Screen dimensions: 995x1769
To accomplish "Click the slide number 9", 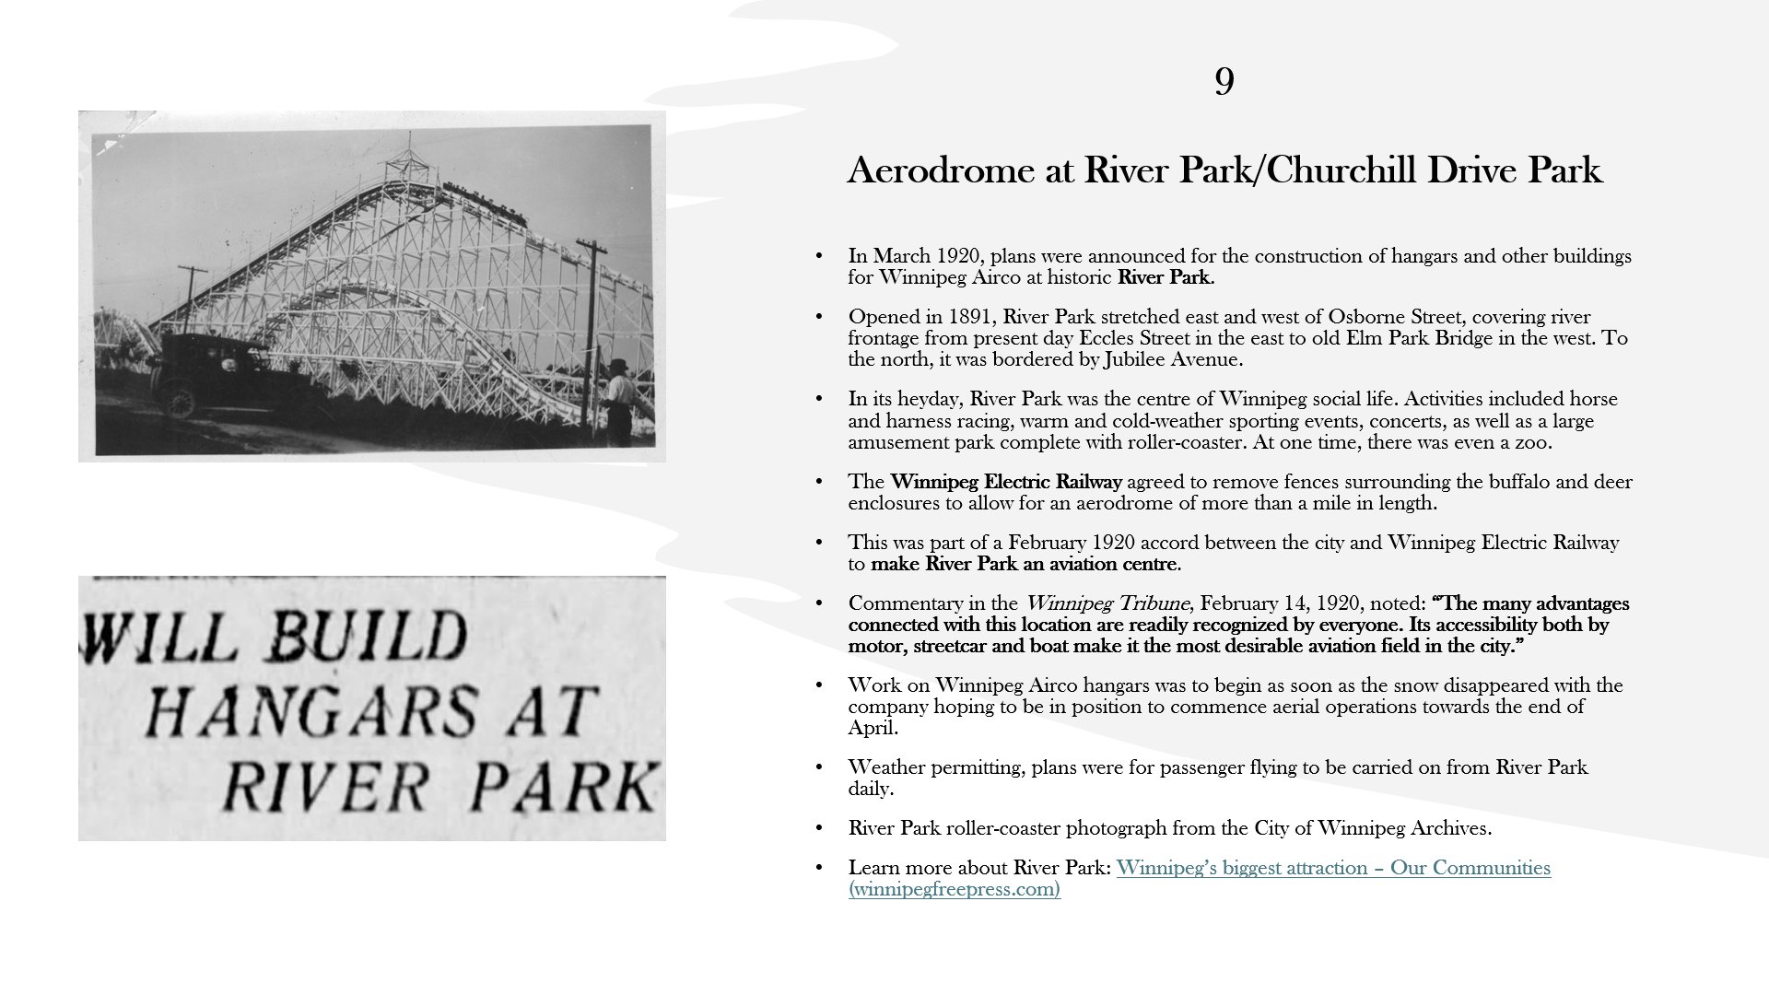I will pyautogui.click(x=1224, y=82).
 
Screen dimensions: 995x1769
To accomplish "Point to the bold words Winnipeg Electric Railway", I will pyautogui.click(x=1006, y=482).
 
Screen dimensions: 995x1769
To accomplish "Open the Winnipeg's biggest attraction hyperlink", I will pyautogui.click(x=1332, y=868).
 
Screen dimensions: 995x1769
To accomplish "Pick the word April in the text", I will pyautogui.click(x=871, y=728).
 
